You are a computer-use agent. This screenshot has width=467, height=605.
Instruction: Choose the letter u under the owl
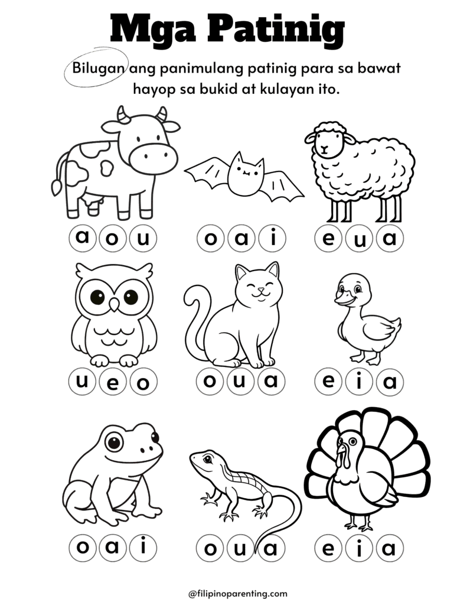pyautogui.click(x=83, y=381)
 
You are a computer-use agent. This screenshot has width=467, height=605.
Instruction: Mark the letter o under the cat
pyautogui.click(x=210, y=381)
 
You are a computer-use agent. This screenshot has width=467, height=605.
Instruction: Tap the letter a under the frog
pyautogui.click(x=113, y=548)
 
